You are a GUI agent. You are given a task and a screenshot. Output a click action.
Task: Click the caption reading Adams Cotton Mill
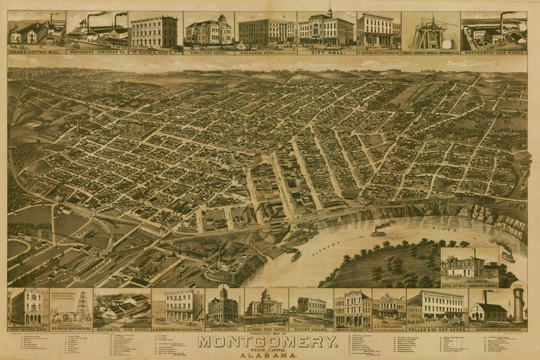[36, 53]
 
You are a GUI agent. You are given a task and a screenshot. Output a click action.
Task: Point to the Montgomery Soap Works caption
[494, 53]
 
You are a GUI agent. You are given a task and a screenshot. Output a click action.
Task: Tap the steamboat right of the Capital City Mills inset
[508, 256]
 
